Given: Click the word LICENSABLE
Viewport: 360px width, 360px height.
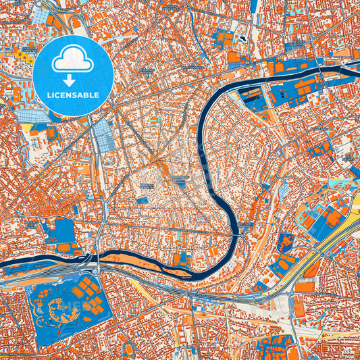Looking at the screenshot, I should click(x=72, y=95).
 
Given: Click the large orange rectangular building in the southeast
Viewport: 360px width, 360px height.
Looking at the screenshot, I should click(x=305, y=287).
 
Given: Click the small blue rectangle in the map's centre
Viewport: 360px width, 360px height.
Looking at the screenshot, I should click(x=143, y=200).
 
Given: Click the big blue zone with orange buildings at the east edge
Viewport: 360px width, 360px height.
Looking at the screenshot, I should click(x=324, y=216).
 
